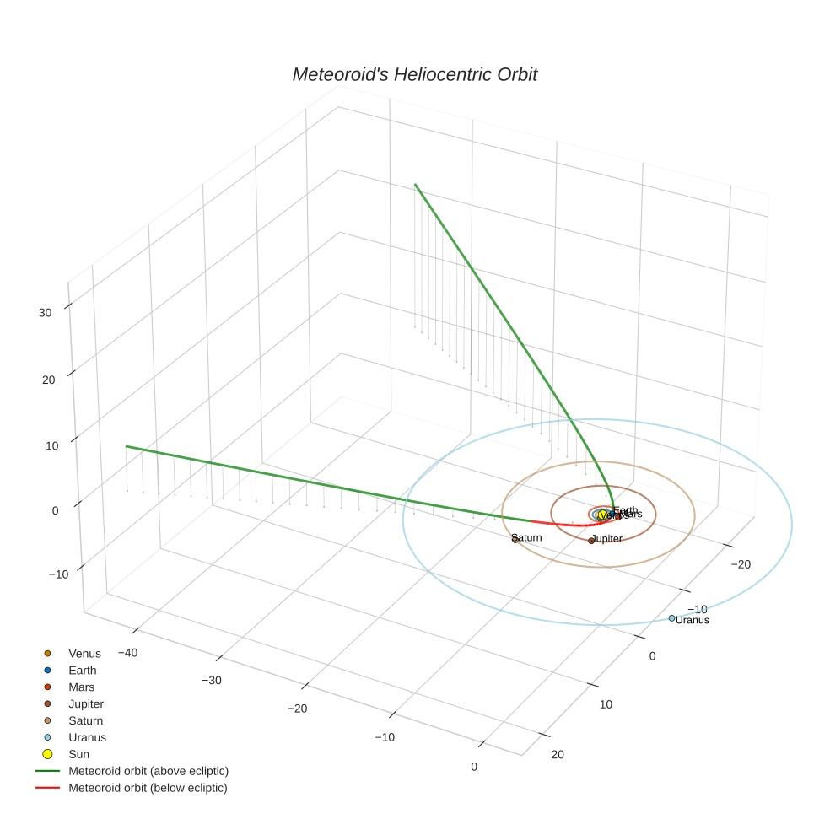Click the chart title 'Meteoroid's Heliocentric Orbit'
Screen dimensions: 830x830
(x=414, y=75)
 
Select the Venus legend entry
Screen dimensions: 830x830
(x=84, y=654)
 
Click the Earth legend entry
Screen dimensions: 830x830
(x=82, y=671)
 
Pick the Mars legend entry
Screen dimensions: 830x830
(x=81, y=687)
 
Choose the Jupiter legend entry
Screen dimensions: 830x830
(x=85, y=704)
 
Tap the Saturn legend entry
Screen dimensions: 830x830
(x=85, y=721)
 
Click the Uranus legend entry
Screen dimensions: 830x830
(x=87, y=737)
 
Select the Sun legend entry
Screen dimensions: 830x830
(x=78, y=754)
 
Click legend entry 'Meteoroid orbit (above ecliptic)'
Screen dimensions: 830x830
(x=148, y=771)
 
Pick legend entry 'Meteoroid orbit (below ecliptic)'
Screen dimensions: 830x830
(x=148, y=788)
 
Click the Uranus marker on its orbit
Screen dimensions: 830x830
(x=671, y=618)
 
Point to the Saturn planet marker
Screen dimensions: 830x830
(x=515, y=540)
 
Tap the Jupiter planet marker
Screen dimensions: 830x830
(x=591, y=540)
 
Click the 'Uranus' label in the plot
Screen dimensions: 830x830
(x=693, y=621)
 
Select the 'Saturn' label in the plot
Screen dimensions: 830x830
(x=527, y=537)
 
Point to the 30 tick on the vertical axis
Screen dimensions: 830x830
(x=45, y=313)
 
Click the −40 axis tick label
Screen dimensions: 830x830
(x=127, y=653)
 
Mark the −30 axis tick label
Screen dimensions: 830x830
(x=212, y=681)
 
